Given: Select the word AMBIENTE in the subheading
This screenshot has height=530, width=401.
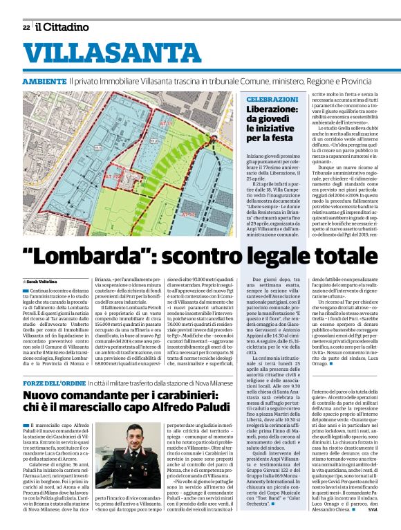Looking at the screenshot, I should (44, 82).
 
